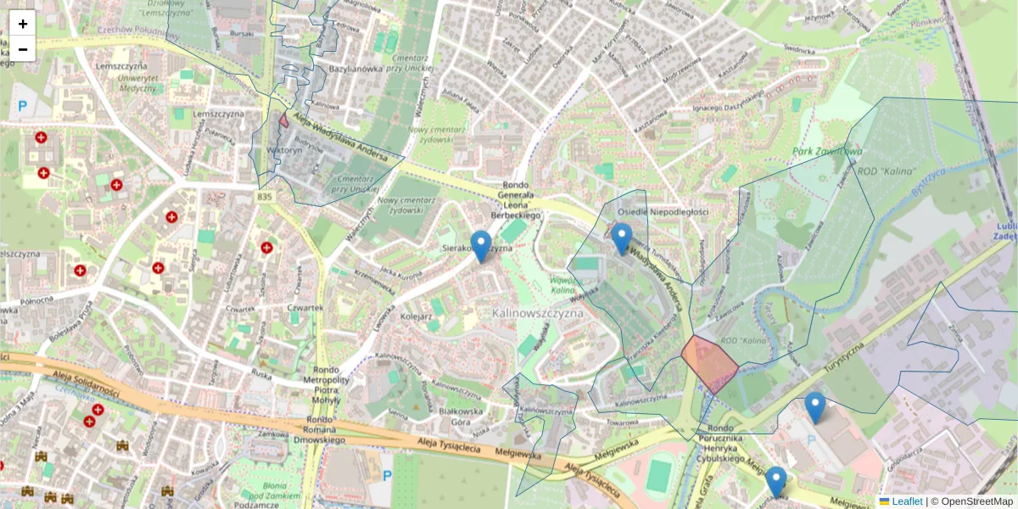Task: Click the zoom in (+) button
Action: (x=23, y=24)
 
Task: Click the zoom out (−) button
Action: (x=23, y=49)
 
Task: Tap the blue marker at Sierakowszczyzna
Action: (x=481, y=245)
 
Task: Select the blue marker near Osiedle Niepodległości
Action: (x=622, y=238)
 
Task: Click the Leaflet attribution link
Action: (x=907, y=501)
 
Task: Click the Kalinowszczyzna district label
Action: (x=539, y=313)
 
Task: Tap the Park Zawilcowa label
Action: (x=827, y=152)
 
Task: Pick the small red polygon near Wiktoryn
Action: (x=283, y=120)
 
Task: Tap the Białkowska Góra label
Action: (x=449, y=414)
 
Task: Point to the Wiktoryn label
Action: (x=284, y=150)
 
